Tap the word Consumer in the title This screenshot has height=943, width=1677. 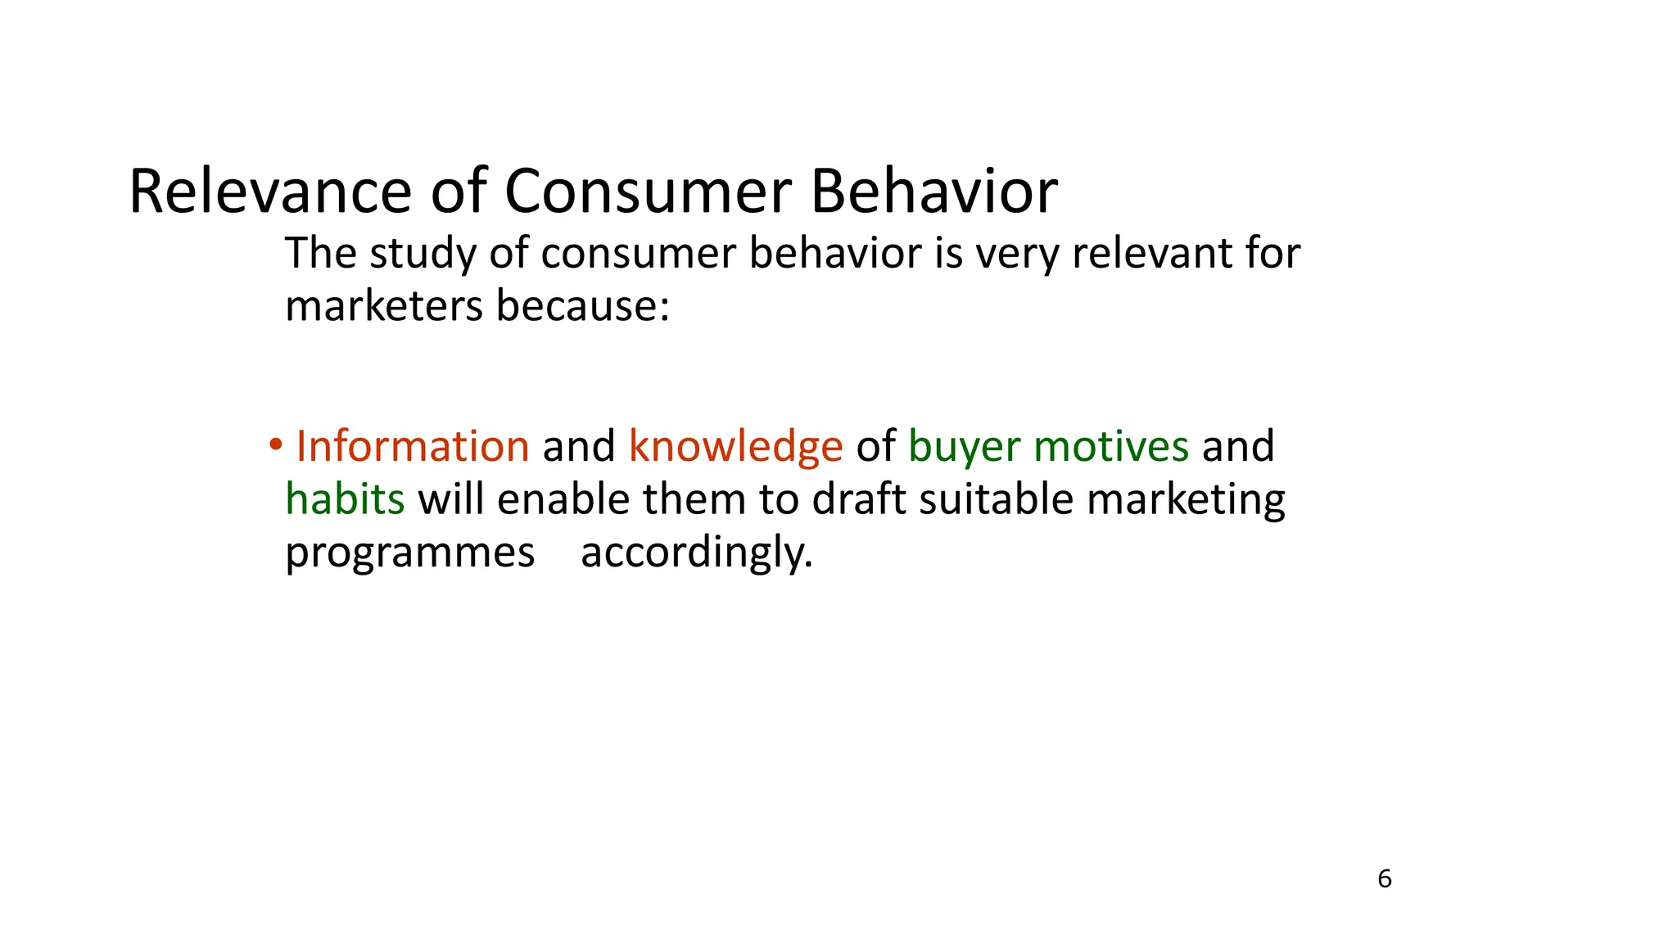647,192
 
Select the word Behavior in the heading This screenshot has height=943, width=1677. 933,192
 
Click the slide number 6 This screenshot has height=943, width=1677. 1385,879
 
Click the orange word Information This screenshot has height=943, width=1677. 412,447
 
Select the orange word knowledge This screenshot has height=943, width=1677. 735,447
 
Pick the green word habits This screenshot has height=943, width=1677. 345,499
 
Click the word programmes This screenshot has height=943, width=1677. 409,553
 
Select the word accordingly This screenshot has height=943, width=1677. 696,553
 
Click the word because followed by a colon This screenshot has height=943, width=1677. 582,306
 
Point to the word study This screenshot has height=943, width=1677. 422,254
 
